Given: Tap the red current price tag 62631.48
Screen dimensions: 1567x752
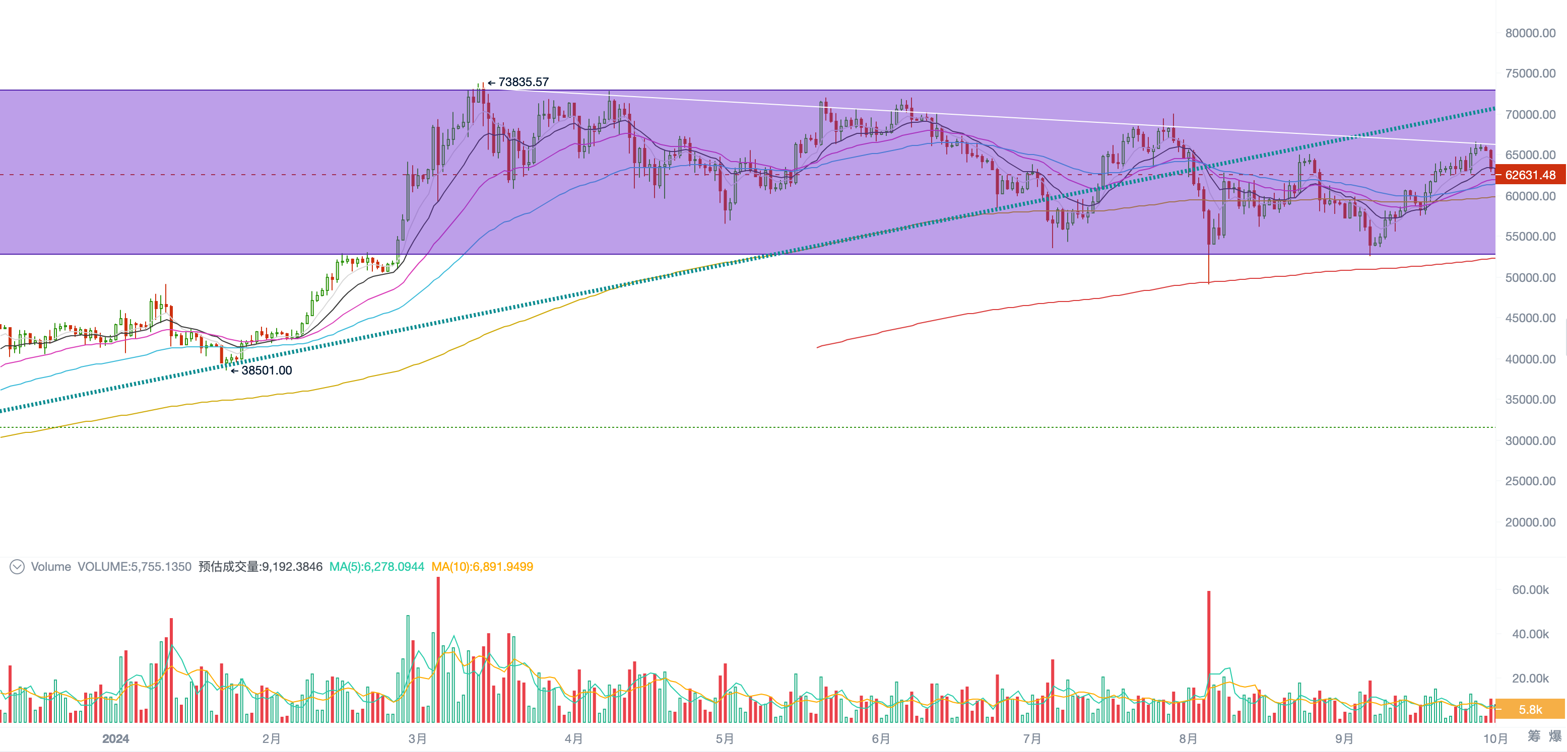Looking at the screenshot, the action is [1530, 175].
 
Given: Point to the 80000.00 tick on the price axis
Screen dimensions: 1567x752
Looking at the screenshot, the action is [1530, 33].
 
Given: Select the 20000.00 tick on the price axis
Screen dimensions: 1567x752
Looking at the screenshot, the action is [1530, 522].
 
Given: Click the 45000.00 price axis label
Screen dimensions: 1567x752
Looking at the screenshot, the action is [1530, 318].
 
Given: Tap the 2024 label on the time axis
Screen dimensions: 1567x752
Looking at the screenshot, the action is [115, 738].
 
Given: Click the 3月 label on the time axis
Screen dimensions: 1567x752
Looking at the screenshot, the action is [417, 738].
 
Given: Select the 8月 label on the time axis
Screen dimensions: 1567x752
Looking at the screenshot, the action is [1188, 738].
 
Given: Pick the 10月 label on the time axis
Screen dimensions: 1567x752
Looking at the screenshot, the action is [1495, 738].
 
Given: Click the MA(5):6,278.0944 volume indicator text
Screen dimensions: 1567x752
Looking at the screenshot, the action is [376, 567].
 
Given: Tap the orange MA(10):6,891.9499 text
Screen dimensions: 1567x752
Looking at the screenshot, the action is [482, 567].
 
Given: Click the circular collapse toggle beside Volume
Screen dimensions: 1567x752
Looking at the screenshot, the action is [17, 567].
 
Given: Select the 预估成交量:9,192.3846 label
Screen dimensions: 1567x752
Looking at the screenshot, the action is [260, 567].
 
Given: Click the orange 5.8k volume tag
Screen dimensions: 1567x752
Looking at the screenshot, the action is [1530, 709].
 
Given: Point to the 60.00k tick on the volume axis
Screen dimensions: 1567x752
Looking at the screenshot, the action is [1530, 590].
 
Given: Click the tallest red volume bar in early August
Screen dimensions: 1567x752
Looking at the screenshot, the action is [1209, 656].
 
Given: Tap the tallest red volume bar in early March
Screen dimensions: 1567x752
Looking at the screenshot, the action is [438, 650].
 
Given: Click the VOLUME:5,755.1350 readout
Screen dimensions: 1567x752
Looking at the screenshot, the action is [135, 567].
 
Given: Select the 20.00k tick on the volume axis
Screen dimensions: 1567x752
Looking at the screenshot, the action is [1530, 678].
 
